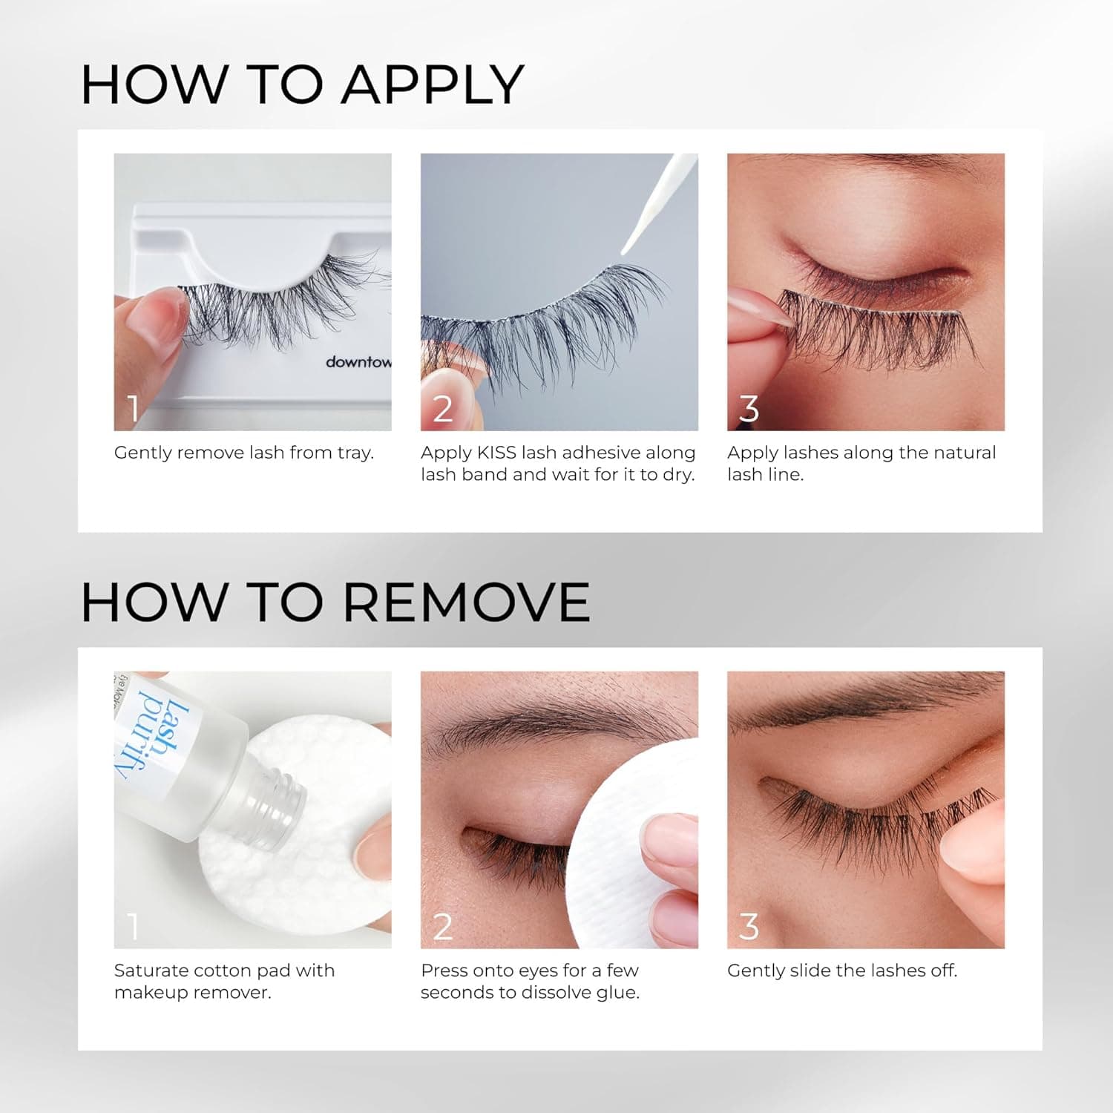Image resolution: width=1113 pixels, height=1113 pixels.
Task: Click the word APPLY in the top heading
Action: tap(432, 85)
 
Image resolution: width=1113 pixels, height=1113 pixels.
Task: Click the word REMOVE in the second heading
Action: tap(466, 602)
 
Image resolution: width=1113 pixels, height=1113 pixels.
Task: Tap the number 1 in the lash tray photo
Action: tap(133, 409)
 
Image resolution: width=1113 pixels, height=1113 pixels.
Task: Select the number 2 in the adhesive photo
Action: tap(442, 409)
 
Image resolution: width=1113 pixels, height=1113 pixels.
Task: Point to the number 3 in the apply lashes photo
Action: tap(749, 409)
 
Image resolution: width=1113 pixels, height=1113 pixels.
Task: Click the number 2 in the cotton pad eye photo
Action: tap(442, 927)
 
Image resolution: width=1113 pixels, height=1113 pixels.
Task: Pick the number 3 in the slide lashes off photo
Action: tap(749, 927)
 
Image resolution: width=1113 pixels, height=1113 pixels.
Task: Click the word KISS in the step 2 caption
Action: tap(496, 453)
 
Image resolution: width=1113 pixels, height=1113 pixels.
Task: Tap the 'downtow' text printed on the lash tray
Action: tap(358, 362)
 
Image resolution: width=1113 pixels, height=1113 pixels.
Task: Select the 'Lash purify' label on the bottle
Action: tap(152, 735)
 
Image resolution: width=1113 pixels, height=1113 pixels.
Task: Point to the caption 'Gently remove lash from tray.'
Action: tap(243, 453)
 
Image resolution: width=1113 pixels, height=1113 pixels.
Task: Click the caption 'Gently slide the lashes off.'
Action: tap(841, 971)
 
